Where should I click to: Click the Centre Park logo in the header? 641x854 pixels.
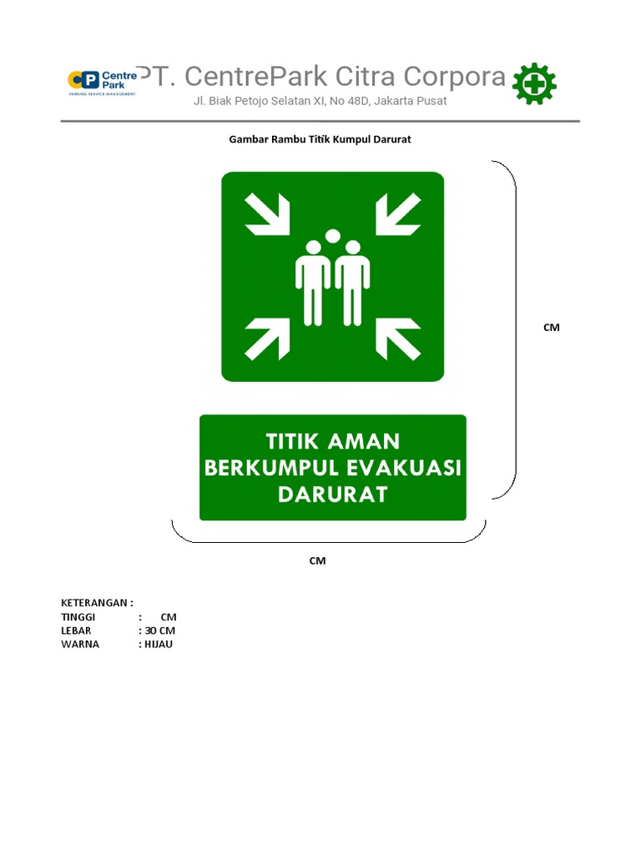(102, 82)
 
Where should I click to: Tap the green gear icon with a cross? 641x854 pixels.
(534, 84)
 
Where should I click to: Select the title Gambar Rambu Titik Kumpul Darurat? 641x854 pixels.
(320, 139)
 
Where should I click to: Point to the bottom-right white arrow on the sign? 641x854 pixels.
(398, 339)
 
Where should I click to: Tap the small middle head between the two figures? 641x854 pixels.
(333, 236)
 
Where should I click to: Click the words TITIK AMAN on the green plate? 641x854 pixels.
(332, 441)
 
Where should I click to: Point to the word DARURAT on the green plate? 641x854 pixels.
(332, 495)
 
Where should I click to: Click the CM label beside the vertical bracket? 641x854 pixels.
(551, 328)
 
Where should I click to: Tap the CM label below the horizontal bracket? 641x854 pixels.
(317, 561)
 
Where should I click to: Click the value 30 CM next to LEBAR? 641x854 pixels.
(159, 630)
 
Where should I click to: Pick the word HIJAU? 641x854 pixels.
(159, 645)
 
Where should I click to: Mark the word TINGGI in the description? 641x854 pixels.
(78, 617)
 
